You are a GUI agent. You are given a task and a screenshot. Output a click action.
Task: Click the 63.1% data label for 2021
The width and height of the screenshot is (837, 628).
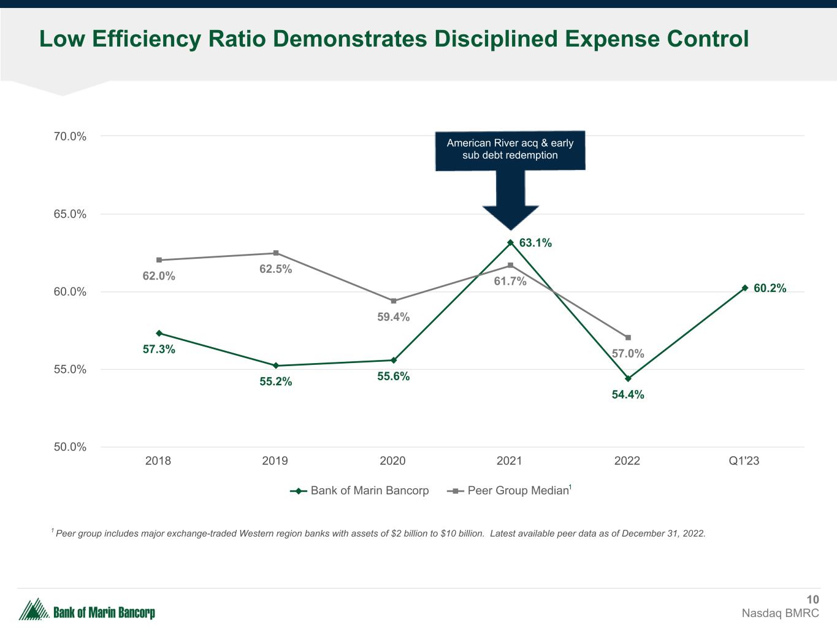535,243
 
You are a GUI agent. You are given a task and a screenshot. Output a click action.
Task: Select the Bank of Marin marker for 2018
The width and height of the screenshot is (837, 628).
159,333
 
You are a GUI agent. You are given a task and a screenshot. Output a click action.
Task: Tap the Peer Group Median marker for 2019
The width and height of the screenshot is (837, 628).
276,253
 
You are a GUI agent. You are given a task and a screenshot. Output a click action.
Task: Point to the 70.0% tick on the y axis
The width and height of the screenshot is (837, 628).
69,136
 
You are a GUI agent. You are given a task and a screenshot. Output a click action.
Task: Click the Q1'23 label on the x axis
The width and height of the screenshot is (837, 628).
744,461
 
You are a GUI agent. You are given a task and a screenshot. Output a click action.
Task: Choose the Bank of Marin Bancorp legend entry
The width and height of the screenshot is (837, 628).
360,491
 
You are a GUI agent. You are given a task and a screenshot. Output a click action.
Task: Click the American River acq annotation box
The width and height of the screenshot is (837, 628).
510,150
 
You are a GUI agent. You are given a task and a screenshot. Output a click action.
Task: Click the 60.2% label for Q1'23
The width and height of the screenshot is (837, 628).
770,288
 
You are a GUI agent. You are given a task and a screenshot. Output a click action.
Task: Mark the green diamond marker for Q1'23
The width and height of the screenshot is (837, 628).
745,288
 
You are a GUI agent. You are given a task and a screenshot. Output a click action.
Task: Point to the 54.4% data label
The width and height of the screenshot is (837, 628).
628,395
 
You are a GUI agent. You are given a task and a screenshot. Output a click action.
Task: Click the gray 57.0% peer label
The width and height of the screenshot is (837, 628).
628,354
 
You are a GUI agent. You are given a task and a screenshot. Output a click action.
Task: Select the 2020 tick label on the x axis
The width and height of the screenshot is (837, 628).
392,461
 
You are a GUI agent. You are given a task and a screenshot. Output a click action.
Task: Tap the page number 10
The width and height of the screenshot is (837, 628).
812,600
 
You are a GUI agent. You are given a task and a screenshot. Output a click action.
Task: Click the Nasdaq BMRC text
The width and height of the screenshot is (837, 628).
780,613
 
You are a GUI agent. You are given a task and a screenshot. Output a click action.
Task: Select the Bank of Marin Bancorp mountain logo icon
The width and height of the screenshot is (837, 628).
34,609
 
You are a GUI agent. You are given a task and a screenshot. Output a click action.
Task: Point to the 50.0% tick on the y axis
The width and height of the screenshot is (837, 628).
69,447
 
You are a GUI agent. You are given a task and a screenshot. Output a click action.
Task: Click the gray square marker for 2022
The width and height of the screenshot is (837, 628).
628,337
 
